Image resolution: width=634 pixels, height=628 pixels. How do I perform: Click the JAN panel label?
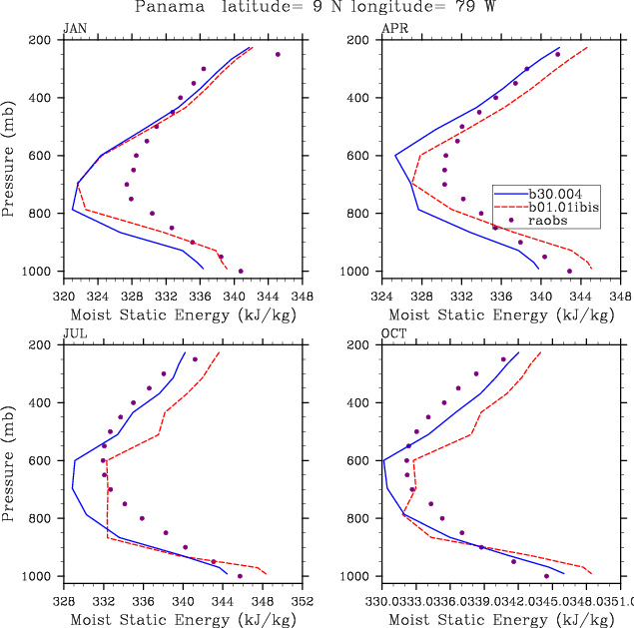(74, 29)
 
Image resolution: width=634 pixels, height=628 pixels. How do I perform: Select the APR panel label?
(393, 29)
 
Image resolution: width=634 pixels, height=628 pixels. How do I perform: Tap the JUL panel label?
(74, 334)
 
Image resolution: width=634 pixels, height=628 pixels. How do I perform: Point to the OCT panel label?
(393, 334)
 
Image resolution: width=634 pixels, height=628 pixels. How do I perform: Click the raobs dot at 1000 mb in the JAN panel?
(241, 271)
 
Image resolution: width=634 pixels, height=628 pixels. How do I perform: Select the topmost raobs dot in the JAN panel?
(278, 54)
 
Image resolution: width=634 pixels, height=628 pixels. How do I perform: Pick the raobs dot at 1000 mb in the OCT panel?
(546, 576)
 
